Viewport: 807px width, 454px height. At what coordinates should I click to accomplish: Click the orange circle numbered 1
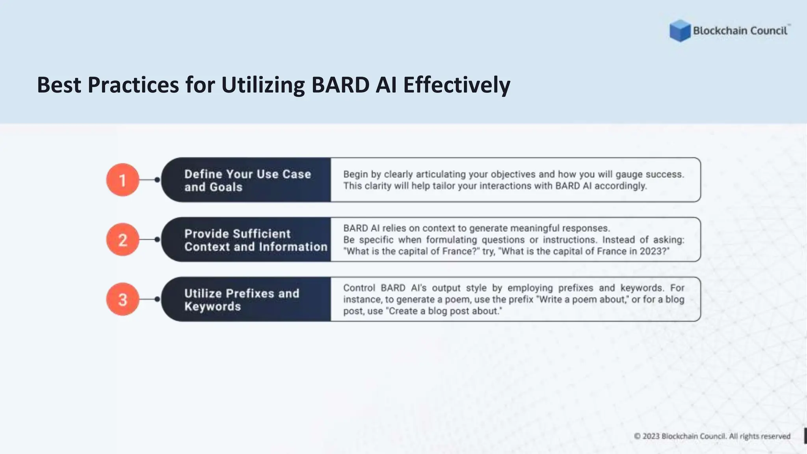(123, 180)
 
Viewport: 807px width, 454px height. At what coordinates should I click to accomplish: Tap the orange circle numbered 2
(123, 240)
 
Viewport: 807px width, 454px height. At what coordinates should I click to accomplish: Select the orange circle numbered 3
(123, 300)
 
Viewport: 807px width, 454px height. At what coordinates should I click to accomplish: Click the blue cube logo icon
(680, 31)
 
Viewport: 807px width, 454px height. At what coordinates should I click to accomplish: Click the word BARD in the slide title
(340, 85)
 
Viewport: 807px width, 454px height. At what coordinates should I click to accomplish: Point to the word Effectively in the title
(456, 85)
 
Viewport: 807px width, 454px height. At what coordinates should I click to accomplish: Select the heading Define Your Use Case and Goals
(247, 180)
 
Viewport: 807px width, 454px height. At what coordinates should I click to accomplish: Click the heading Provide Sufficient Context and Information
(255, 240)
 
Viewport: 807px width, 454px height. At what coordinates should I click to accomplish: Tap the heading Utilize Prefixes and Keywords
(242, 300)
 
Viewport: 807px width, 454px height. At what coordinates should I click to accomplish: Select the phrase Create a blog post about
(444, 311)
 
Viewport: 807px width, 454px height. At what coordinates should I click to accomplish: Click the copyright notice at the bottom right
(712, 436)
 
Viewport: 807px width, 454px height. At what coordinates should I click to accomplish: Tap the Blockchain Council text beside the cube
(740, 31)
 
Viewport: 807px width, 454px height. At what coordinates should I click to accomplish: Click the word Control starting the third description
(359, 288)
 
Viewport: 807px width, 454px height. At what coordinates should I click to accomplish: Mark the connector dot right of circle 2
(157, 240)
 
